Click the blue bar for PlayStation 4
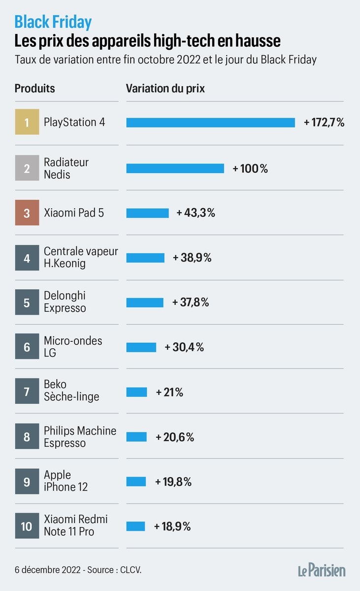[210, 123]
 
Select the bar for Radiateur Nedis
[175, 168]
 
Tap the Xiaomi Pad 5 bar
[147, 213]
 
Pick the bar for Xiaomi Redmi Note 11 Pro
[135, 526]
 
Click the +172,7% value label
[324, 123]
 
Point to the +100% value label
[250, 168]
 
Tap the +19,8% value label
[173, 482]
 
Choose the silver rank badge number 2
[27, 168]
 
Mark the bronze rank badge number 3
[27, 213]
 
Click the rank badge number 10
[27, 526]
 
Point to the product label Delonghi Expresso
[65, 302]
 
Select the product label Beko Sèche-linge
[71, 391]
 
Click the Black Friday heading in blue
[53, 22]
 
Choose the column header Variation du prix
[165, 89]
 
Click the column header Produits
[34, 89]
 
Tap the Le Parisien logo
[321, 570]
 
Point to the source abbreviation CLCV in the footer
[132, 570]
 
